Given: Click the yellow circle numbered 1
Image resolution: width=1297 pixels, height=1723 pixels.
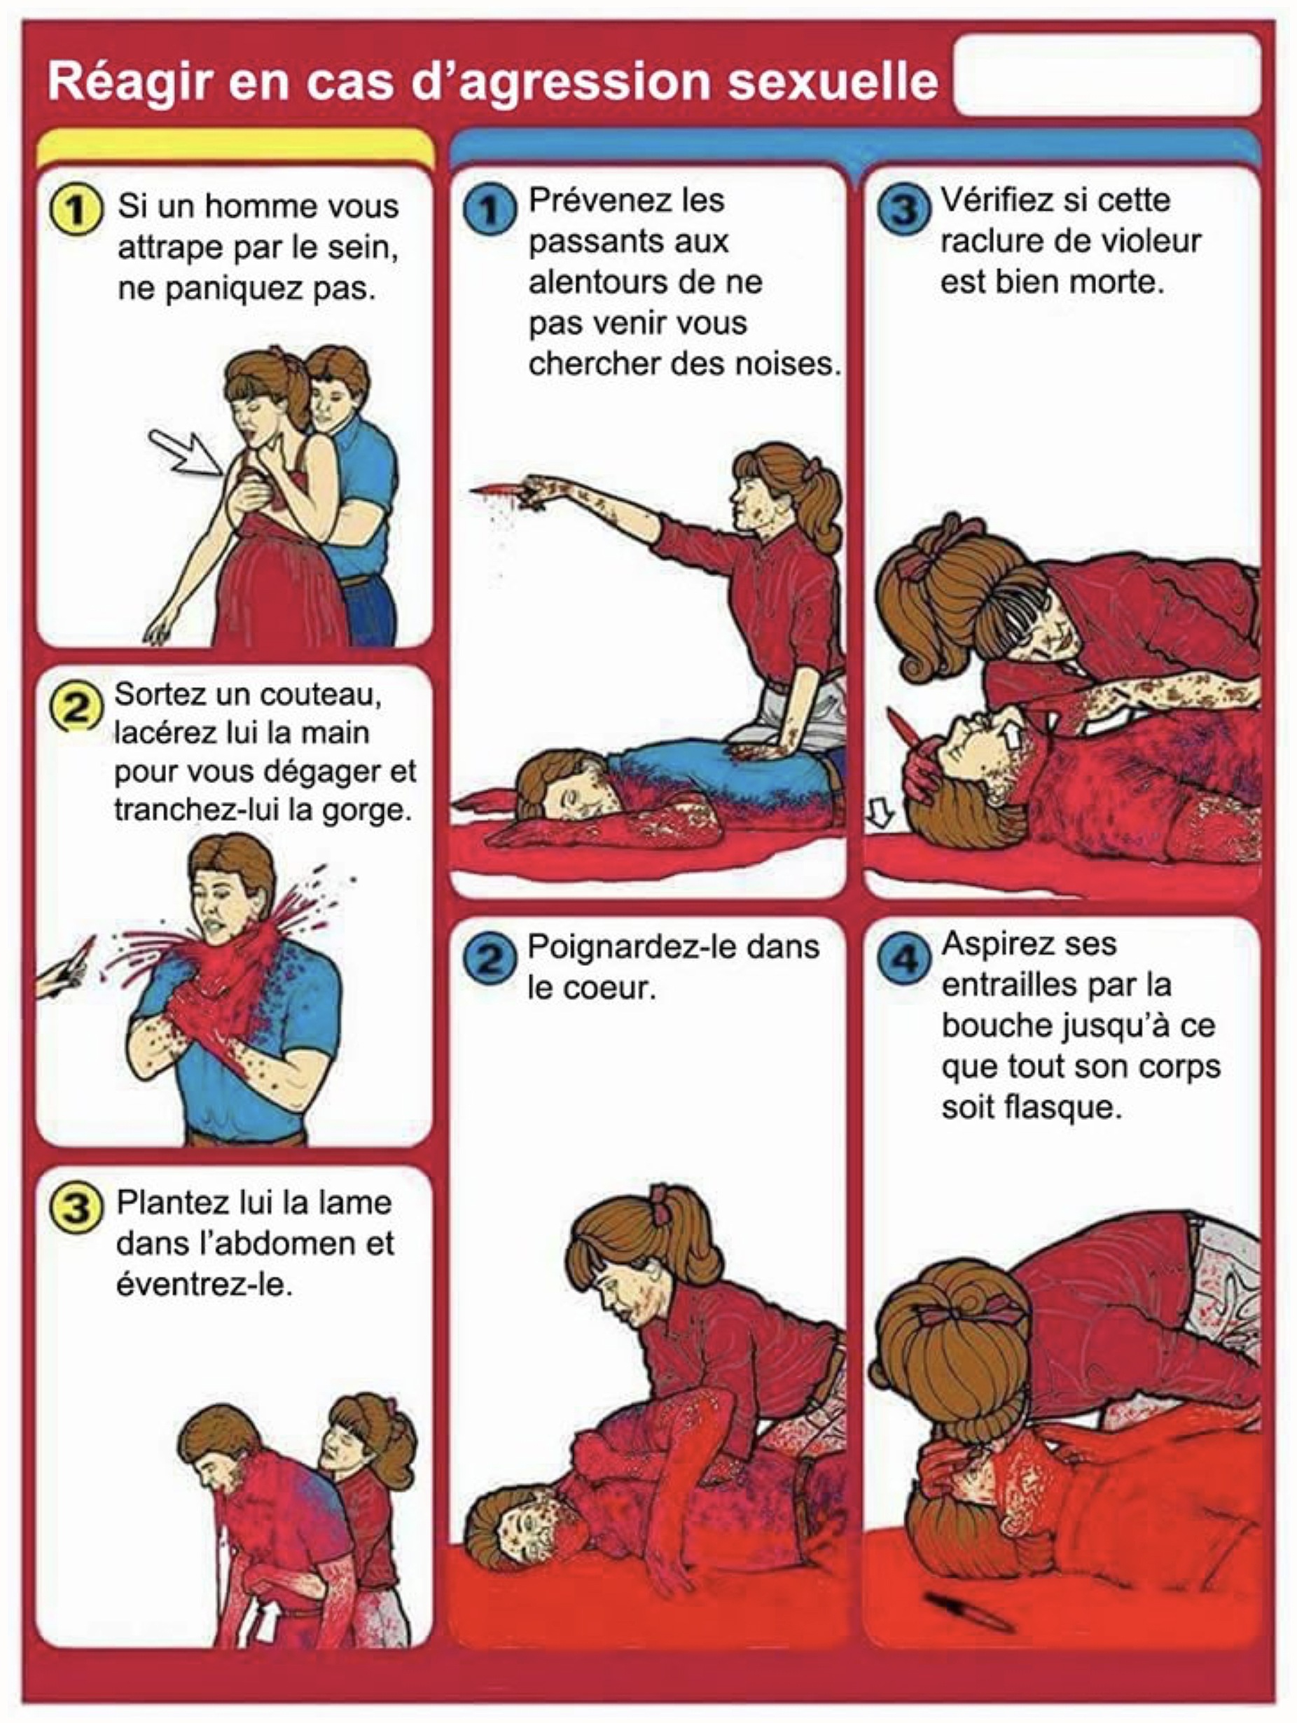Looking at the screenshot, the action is click(x=76, y=210).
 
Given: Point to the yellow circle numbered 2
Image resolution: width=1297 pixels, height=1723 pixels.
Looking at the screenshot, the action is click(x=76, y=707).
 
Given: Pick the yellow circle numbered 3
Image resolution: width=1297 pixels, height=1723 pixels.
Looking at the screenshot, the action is click(x=76, y=1207).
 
